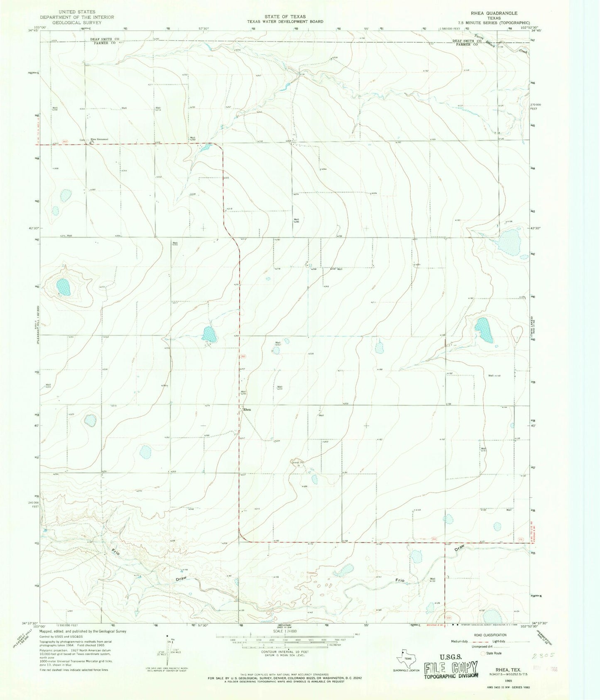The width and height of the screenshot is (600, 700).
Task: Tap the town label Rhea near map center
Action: (247, 410)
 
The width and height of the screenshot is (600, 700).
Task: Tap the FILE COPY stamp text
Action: (451, 668)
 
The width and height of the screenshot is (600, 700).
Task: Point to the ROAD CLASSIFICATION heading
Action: (490, 635)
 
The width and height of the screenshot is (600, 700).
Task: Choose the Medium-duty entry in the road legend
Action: (460, 641)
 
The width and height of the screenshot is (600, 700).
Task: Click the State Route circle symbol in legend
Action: (482, 653)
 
